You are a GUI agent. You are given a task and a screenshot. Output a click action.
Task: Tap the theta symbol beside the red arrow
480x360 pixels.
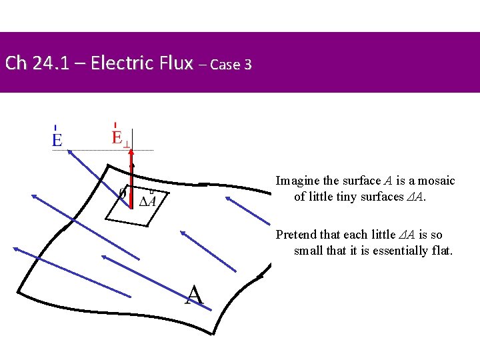[x=122, y=193]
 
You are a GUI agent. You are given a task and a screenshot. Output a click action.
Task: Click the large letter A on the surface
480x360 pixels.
[x=193, y=295]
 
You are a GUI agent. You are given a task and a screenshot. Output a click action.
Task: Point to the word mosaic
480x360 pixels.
[x=436, y=181]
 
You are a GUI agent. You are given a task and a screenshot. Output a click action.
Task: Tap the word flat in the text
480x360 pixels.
[x=441, y=251]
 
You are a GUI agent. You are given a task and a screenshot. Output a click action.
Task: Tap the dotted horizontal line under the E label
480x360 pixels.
[x=100, y=150]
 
